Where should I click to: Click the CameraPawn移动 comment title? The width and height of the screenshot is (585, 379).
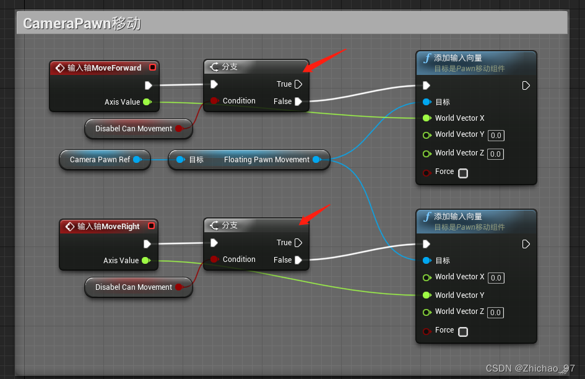point(82,24)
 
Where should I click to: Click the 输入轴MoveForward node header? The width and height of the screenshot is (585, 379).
point(103,68)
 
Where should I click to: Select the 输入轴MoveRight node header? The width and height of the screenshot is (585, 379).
point(108,227)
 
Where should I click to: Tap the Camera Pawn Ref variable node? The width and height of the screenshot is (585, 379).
point(100,160)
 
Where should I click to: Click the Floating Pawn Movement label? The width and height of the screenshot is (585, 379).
point(266,160)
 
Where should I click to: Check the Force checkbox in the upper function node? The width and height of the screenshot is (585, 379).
point(463,173)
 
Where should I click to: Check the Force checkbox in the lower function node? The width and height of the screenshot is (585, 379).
point(463,331)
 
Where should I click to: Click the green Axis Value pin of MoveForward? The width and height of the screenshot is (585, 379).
point(146,102)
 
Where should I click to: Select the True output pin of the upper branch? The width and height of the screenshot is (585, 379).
point(298,84)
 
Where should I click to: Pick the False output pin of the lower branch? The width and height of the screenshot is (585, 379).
point(298,260)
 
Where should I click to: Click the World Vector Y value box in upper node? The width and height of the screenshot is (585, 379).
point(495,135)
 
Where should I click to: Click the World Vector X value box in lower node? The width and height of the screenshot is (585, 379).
point(495,277)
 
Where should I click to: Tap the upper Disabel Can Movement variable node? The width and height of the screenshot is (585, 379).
point(134,129)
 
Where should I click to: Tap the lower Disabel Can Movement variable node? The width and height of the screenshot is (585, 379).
point(134,287)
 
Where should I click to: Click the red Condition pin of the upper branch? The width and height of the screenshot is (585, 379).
point(214,101)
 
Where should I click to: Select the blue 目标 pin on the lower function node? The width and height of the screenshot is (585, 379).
point(427,261)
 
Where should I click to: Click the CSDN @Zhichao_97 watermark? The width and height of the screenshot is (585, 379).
point(531,368)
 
